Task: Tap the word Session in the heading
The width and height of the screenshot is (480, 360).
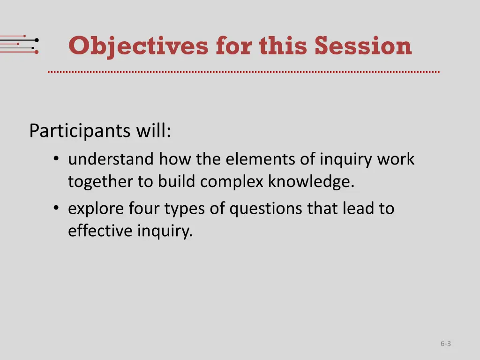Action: (363, 46)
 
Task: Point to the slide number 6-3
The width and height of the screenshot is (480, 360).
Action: (445, 344)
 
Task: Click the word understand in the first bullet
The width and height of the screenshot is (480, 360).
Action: (111, 159)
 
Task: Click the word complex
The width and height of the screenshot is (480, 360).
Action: (232, 181)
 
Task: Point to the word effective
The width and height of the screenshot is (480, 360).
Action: (100, 231)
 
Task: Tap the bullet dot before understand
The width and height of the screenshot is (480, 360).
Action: (56, 160)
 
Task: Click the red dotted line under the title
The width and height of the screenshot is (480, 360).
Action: (244, 72)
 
